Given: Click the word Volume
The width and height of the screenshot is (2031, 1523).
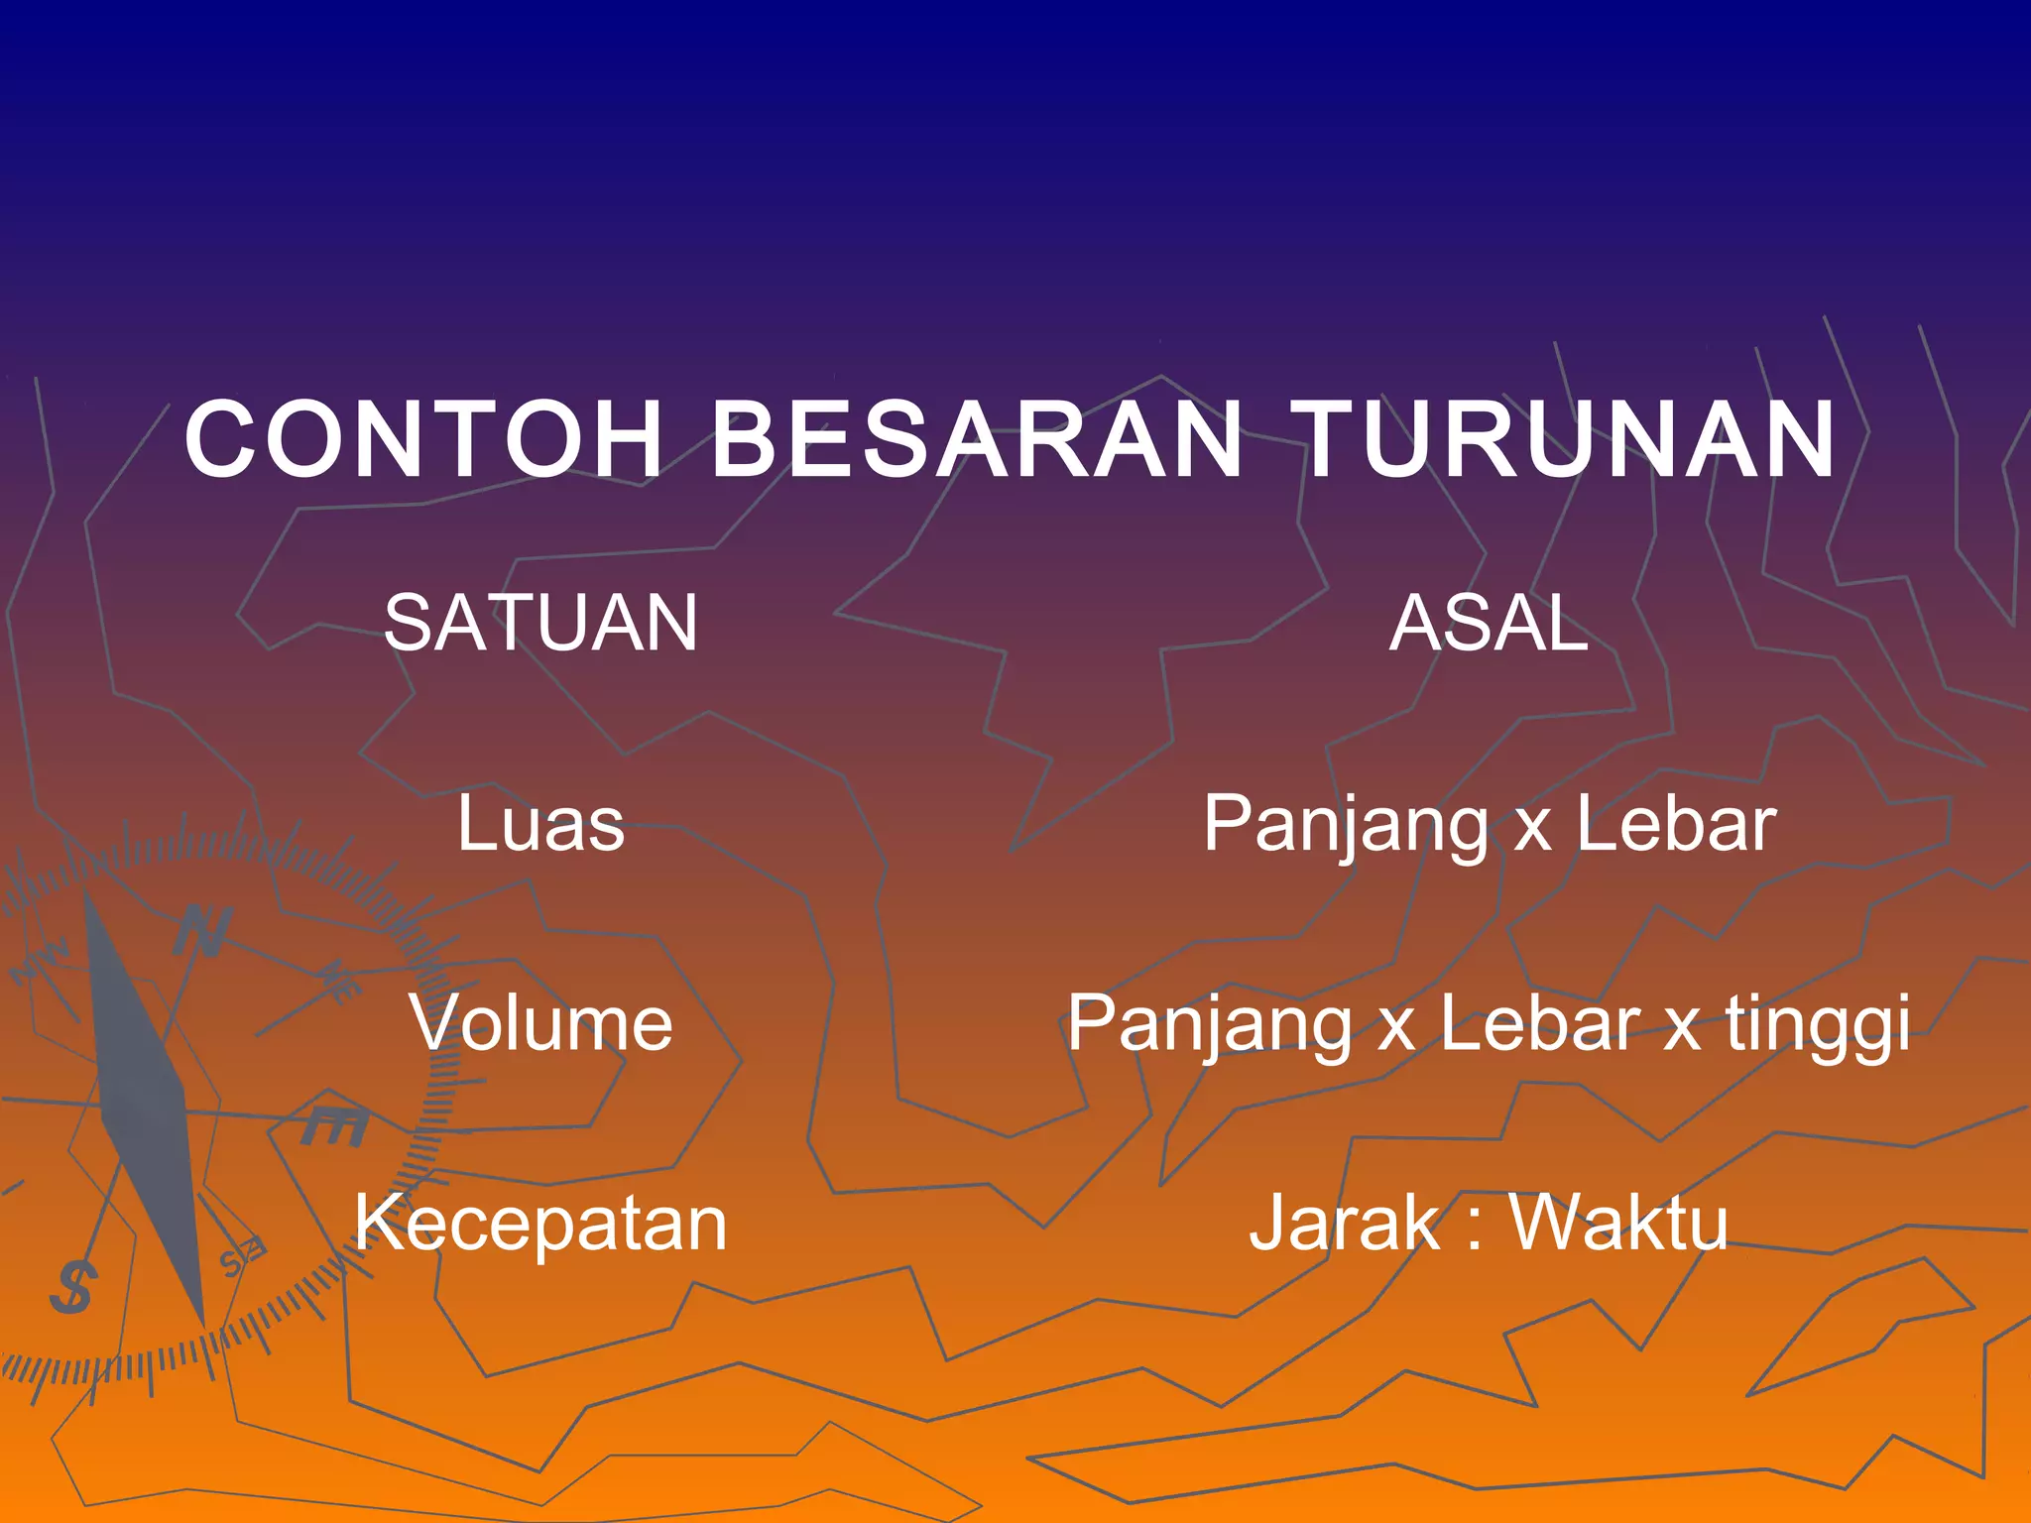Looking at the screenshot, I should click(x=541, y=1023).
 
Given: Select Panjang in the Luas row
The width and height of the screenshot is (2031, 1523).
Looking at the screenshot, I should click(x=1346, y=825).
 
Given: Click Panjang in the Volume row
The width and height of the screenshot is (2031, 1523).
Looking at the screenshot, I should click(x=1210, y=1025).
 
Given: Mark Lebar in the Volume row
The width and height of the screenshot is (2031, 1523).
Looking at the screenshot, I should click(x=1540, y=1023).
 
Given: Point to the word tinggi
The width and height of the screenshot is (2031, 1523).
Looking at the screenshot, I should click(x=1818, y=1025).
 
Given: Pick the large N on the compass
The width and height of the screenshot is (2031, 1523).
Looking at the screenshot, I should click(x=204, y=932).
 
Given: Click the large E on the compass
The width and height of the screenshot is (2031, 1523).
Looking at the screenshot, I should click(x=335, y=1125).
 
